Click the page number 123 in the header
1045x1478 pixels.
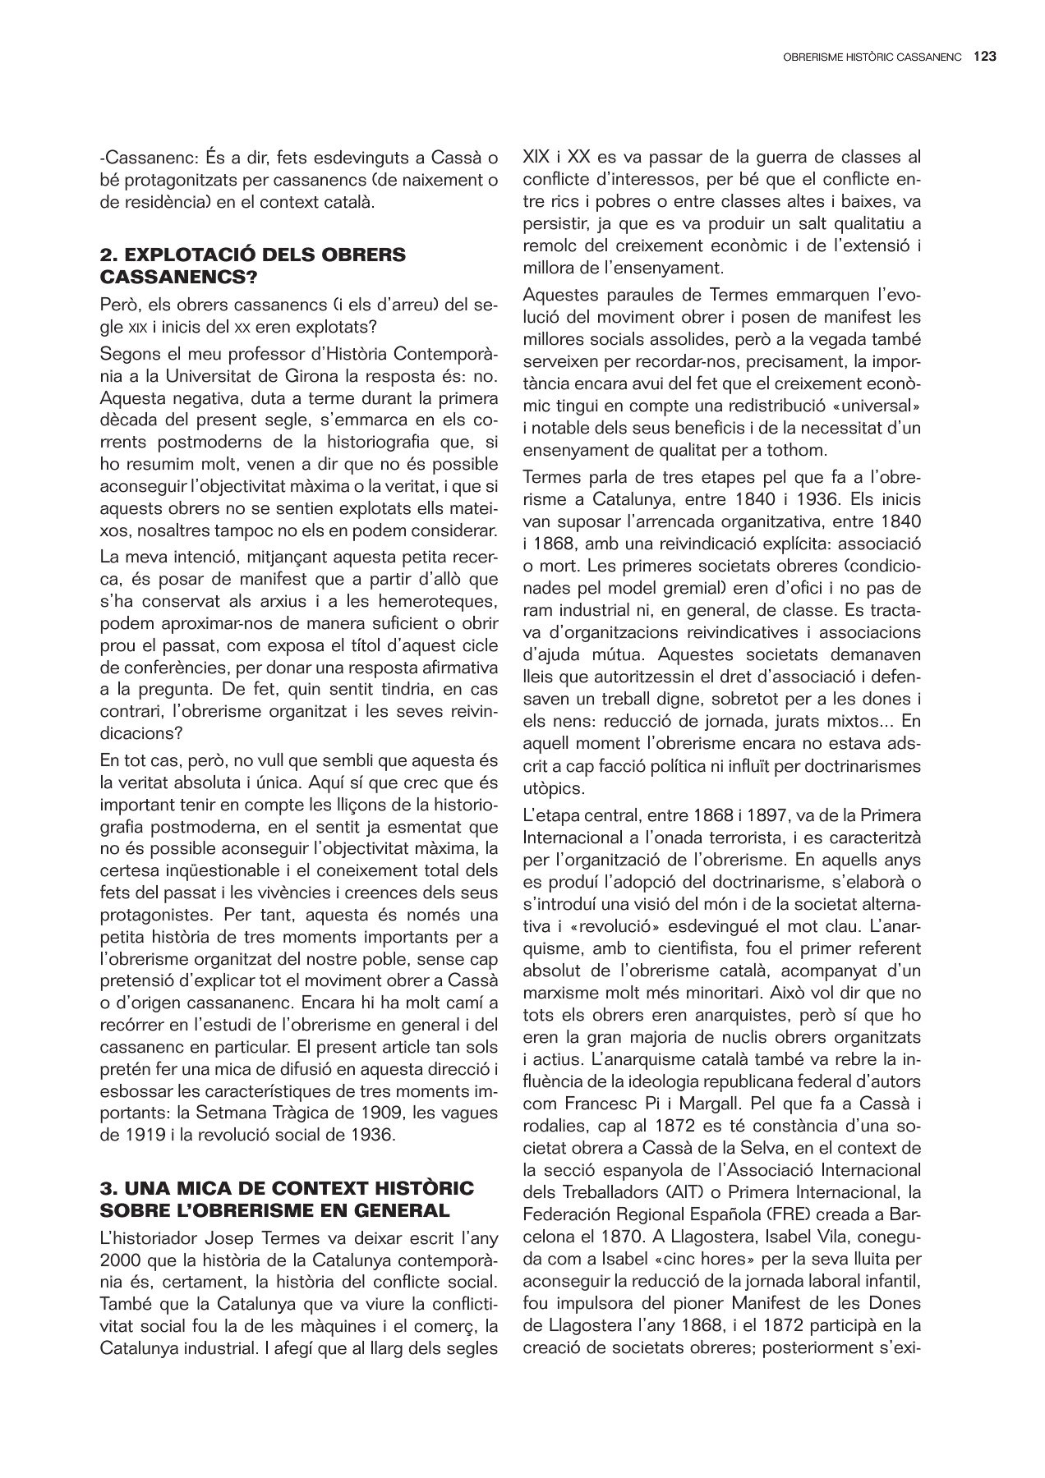[984, 57]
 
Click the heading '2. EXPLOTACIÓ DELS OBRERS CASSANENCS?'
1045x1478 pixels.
[253, 265]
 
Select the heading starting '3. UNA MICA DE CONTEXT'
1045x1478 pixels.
[287, 1199]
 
